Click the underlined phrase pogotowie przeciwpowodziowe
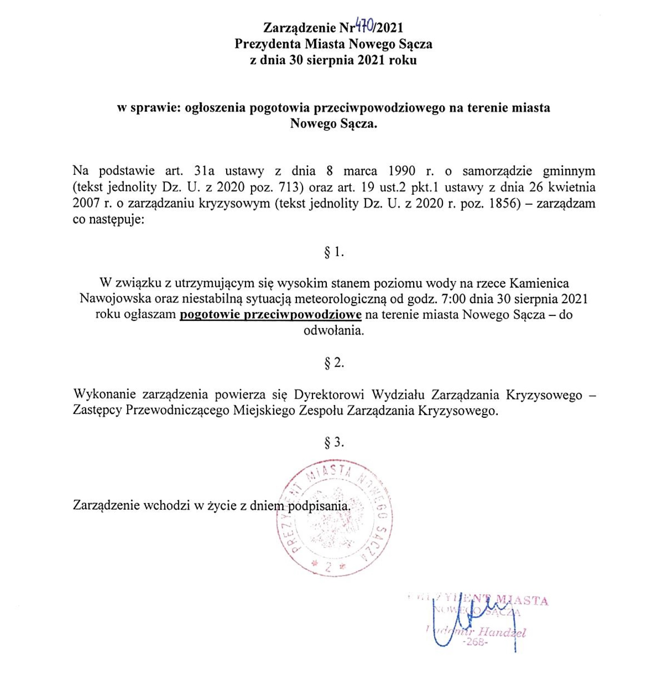click(x=271, y=315)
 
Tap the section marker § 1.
click(x=334, y=252)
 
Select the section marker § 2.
click(x=334, y=362)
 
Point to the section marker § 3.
click(x=334, y=442)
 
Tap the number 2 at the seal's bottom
click(x=328, y=567)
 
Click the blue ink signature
click(x=471, y=621)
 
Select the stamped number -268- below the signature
click(x=475, y=642)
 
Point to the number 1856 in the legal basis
click(x=505, y=203)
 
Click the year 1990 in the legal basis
click(x=402, y=171)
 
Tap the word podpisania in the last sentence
click(x=319, y=506)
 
